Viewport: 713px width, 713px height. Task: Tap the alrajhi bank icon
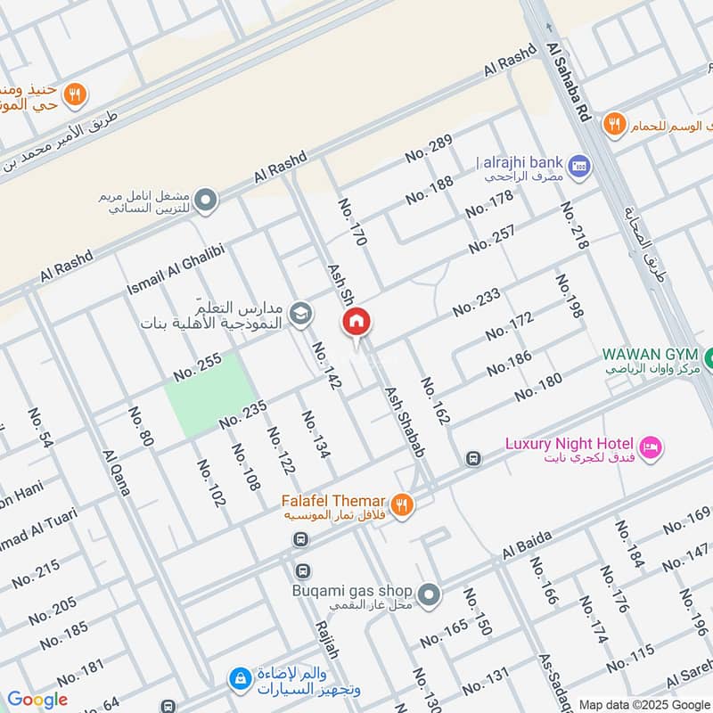580,165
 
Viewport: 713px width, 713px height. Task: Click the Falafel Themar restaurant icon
403,504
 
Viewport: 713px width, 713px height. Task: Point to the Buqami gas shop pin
429,593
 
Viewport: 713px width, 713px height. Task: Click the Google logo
37,700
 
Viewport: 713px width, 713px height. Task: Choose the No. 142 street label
327,365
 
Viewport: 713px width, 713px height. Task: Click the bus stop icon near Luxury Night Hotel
473,459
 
